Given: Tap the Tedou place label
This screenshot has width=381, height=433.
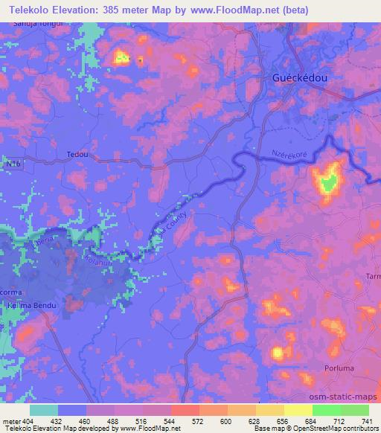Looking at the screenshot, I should point(77,154).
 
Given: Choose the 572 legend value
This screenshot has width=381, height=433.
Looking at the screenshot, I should point(199,420).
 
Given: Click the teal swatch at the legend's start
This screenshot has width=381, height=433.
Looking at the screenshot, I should point(44,410).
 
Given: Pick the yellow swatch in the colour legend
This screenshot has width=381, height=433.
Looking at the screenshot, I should point(298,410).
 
